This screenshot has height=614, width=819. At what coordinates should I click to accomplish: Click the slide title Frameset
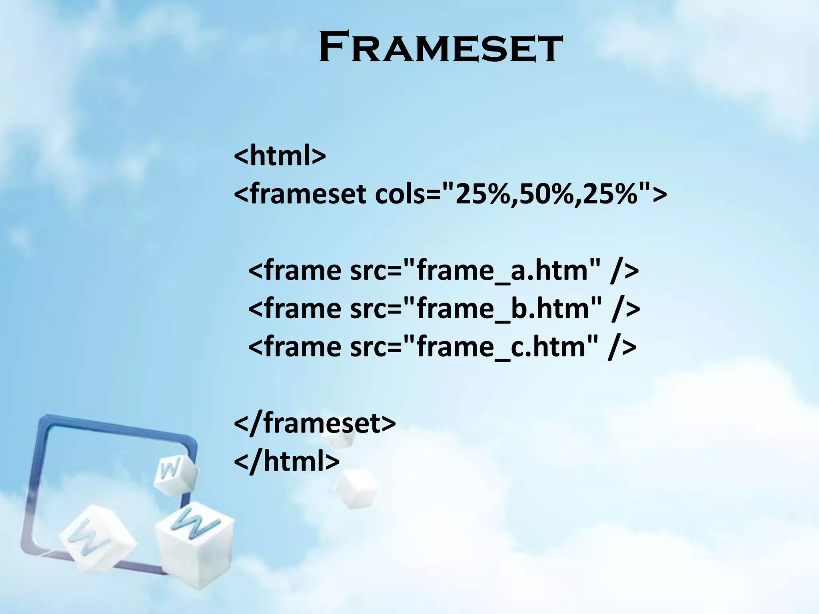[441, 49]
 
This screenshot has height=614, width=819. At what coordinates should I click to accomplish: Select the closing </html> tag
[286, 461]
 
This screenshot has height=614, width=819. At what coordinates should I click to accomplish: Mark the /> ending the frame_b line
[625, 308]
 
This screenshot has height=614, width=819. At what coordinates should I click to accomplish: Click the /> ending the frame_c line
[622, 346]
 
